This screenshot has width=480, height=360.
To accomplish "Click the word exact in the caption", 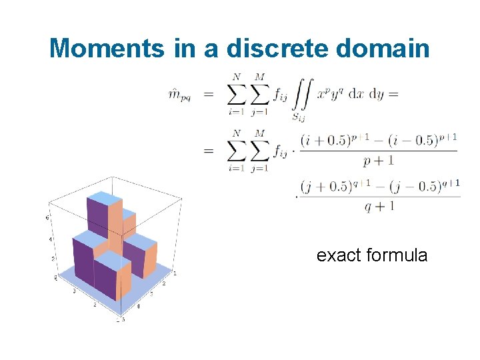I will coord(339,255).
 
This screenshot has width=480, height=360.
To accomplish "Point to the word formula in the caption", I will coord(397,255).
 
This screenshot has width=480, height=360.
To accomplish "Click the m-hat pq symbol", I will coord(181,95).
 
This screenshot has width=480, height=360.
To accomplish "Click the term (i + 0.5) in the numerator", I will coord(323,141).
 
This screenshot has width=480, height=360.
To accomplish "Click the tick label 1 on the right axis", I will coord(175,273).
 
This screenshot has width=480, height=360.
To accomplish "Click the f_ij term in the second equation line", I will coord(280,152).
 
